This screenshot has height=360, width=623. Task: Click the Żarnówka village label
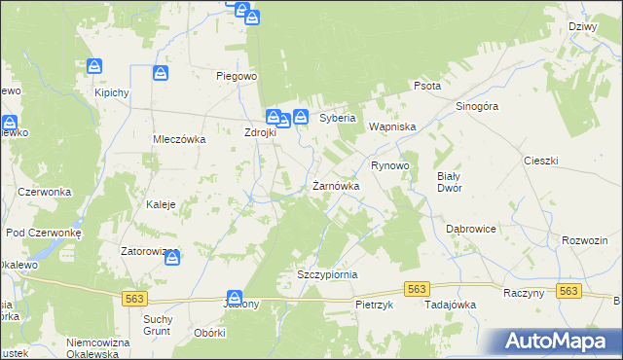pyautogui.click(x=336, y=185)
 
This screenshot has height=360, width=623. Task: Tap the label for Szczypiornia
pyautogui.click(x=327, y=274)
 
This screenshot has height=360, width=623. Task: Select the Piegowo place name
pyautogui.click(x=236, y=75)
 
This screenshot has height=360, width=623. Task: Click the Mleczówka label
pyautogui.click(x=178, y=139)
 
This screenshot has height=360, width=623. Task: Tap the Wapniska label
pyautogui.click(x=391, y=126)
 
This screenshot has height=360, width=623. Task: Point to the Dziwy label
pyautogui.click(x=581, y=27)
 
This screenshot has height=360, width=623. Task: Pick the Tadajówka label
pyautogui.click(x=450, y=305)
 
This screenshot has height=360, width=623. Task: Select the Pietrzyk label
pyautogui.click(x=374, y=305)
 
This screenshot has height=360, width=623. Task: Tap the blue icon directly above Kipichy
pyautogui.click(x=94, y=66)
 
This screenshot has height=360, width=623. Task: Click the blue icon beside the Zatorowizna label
pyautogui.click(x=172, y=257)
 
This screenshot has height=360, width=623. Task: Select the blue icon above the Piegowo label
pyautogui.click(x=251, y=17)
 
